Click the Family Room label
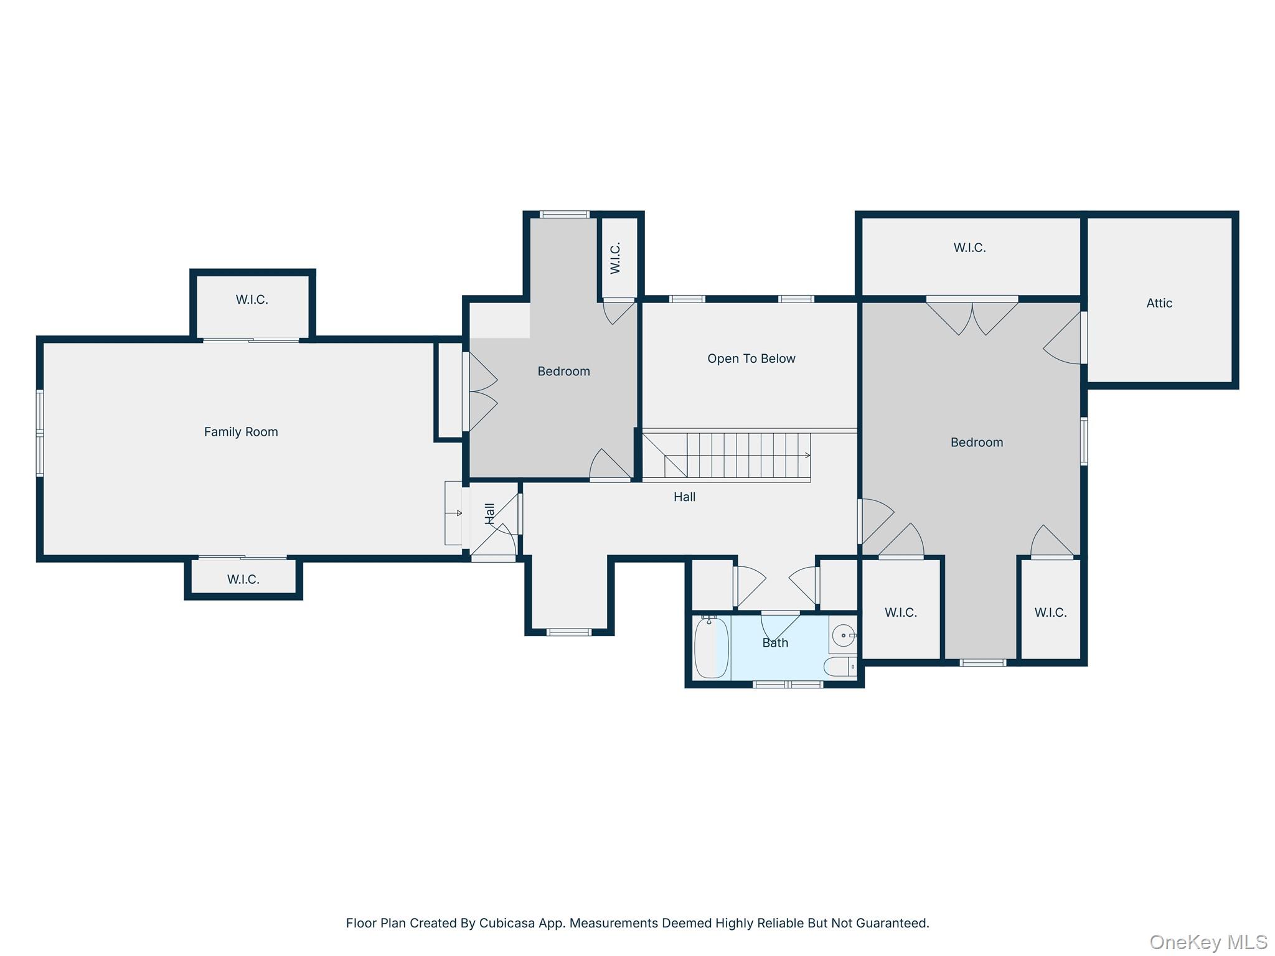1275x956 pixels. (241, 432)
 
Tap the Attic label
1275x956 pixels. (1159, 303)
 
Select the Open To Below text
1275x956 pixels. (751, 358)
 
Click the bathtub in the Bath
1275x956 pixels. (711, 647)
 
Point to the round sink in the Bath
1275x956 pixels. (844, 635)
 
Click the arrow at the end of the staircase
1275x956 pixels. (807, 456)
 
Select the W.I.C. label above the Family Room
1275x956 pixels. (252, 299)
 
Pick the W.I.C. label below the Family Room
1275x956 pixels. (243, 579)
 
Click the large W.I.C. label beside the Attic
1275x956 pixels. (969, 248)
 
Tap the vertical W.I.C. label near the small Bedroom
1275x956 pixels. (615, 258)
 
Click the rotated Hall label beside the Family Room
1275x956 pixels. (490, 513)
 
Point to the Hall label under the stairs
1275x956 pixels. (684, 497)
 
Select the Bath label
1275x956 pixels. (775, 643)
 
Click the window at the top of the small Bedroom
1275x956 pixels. (564, 215)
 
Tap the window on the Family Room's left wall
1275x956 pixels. (40, 433)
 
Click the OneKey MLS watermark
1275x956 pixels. (1208, 942)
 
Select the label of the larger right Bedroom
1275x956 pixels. (976, 443)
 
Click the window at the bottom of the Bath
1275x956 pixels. (788, 685)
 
